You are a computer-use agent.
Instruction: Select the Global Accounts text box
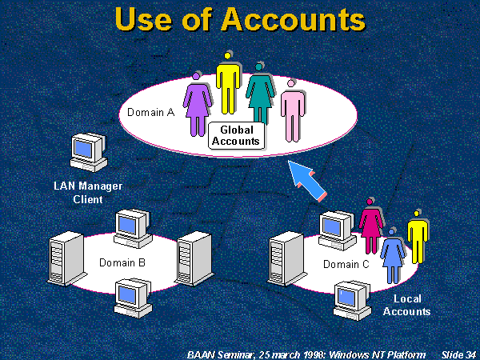[x=236, y=135]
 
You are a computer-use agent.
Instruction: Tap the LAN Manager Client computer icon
[x=87, y=151]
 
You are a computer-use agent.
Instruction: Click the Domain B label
[x=122, y=262]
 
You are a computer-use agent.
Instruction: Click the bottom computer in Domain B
[x=130, y=296]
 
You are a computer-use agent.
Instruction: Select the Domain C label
[x=346, y=264]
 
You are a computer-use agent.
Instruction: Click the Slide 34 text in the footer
[x=458, y=352]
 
